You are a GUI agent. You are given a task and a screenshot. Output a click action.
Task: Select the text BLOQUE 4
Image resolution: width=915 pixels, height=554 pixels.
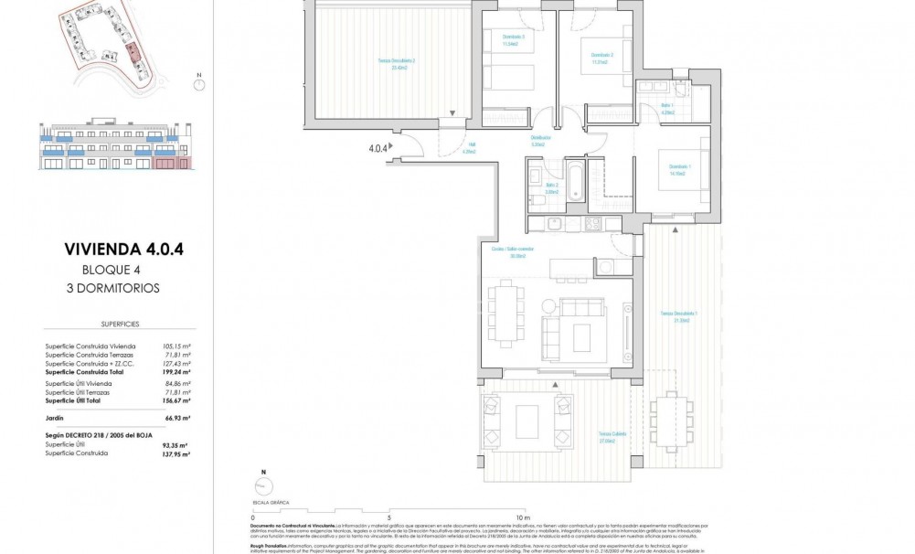[112, 269]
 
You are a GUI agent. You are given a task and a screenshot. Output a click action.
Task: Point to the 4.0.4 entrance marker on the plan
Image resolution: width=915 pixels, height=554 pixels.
[377, 145]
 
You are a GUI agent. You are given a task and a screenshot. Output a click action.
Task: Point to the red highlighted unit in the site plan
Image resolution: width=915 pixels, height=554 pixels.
[133, 50]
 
